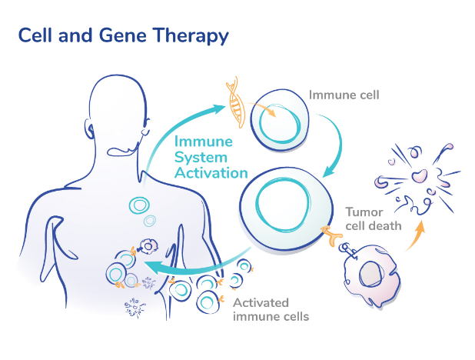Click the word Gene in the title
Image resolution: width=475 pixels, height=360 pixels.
123,35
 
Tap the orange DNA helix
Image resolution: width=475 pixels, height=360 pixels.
235,102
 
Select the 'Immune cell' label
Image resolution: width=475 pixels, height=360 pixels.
344,95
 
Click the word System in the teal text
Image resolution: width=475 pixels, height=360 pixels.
201,158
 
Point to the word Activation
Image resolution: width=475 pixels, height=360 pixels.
211,173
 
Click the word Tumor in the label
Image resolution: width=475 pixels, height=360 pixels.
364,212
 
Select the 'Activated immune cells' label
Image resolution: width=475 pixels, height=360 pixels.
271,310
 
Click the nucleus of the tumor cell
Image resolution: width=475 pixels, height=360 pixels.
370,275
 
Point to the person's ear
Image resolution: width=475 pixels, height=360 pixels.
88,128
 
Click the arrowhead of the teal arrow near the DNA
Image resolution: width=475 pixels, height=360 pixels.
219,108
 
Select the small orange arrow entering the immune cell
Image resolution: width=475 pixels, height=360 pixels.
261,108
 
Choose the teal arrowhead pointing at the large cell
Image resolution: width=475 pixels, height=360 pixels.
331,172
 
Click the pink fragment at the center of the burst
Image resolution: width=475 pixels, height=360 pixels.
419,176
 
